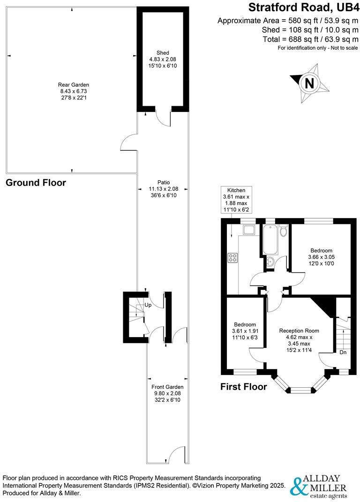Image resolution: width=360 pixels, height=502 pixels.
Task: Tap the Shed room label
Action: pos(163,59)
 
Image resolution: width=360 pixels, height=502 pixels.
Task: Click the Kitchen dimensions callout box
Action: pos(236,200)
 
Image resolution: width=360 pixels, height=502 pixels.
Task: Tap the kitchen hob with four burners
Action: pos(232,258)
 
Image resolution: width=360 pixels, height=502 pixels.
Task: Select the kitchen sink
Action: pos(249,229)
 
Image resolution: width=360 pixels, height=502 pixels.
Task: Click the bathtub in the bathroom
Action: pos(270,238)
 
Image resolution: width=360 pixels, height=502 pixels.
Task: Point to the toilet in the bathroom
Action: pos(283,231)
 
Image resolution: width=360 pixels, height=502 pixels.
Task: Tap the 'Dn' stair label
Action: pos(343,353)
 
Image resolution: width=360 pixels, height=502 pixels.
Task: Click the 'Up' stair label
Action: pos(148,305)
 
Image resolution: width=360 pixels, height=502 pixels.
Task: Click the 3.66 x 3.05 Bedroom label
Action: pos(321,257)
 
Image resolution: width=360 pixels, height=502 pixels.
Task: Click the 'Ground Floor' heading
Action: pos(36,183)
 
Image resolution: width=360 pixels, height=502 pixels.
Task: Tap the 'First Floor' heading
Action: pos(243,387)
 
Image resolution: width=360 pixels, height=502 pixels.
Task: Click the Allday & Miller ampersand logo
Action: pos(298,487)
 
